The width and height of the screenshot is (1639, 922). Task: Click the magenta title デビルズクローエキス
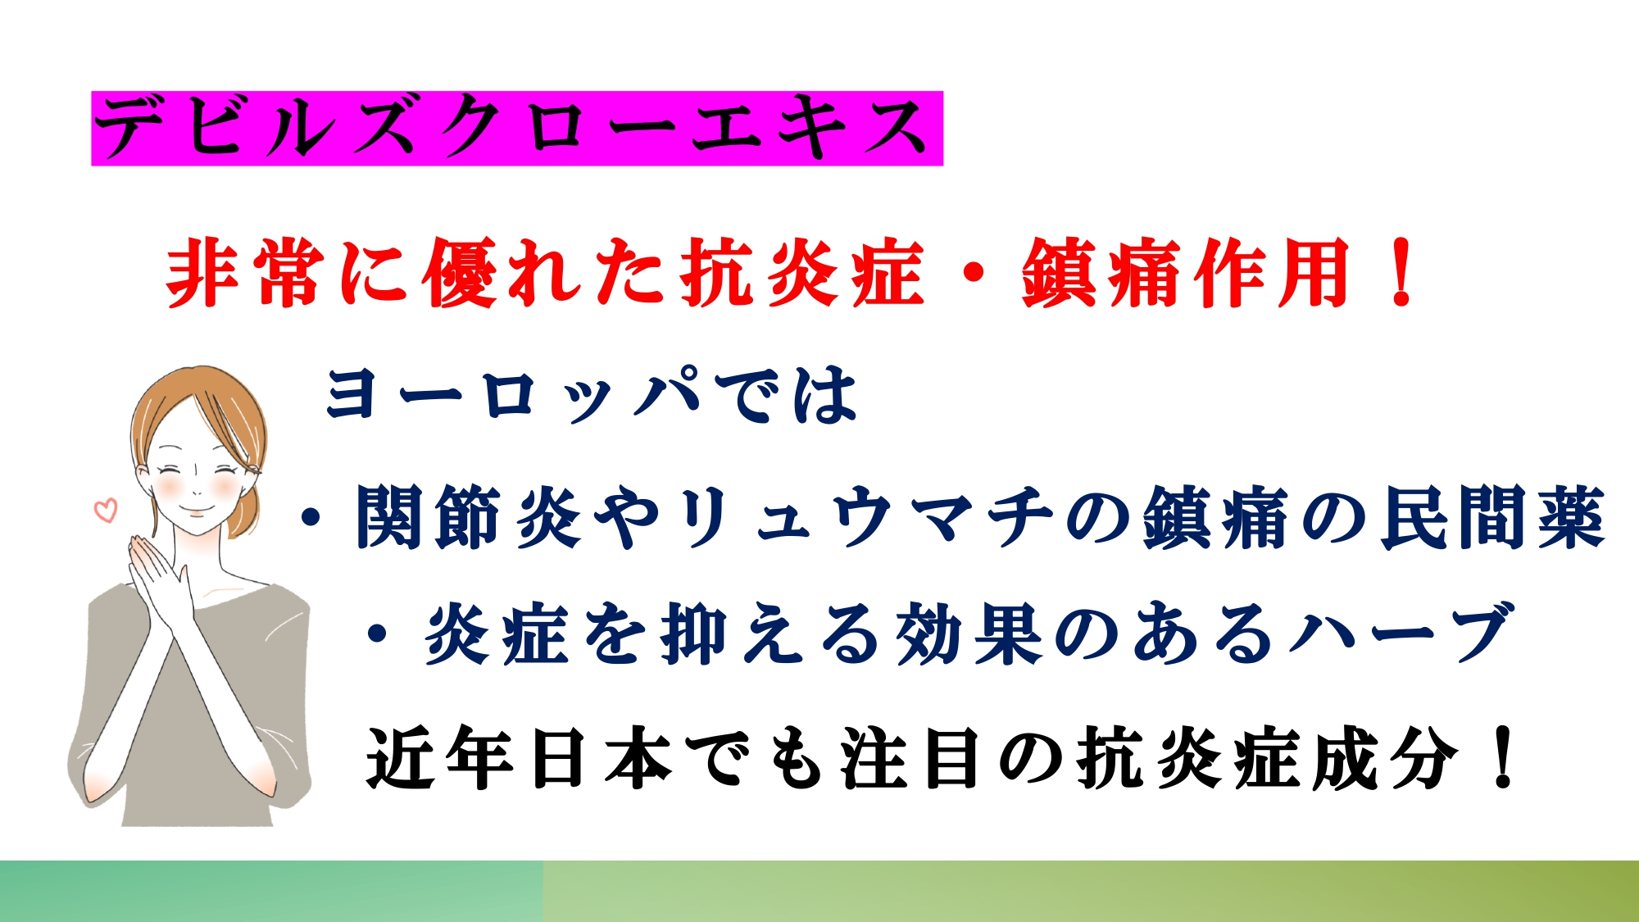pyautogui.click(x=517, y=128)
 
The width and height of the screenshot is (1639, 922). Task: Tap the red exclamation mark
pyautogui.click(x=1403, y=273)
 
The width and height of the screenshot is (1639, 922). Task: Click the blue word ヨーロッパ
pyautogui.click(x=513, y=395)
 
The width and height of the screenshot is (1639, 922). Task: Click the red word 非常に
pyautogui.click(x=286, y=273)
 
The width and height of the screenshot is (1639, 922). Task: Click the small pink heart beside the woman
pyautogui.click(x=106, y=510)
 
